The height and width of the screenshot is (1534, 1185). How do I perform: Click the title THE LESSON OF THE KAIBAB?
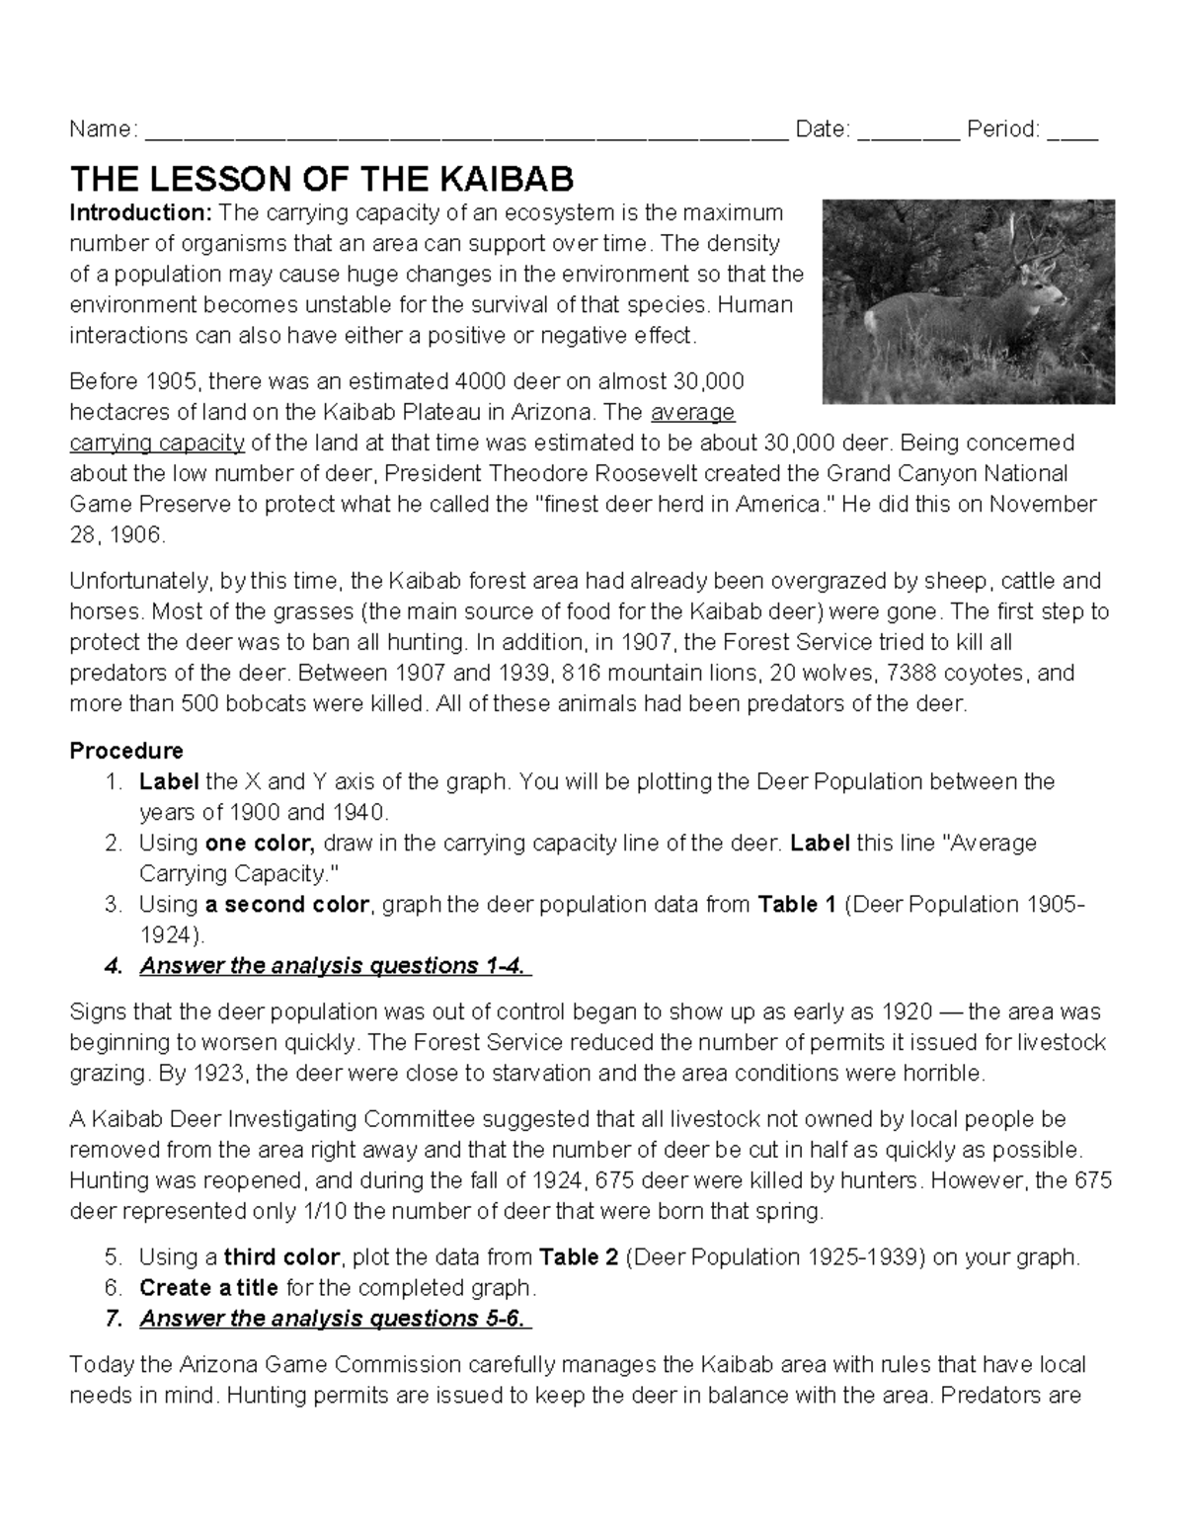pos(321,180)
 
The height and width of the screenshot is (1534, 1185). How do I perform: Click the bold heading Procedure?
pos(126,751)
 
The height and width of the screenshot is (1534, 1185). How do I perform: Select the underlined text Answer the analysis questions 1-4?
pos(334,965)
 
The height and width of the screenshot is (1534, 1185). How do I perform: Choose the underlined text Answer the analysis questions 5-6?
pos(334,1318)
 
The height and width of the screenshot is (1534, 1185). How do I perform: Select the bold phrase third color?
pos(281,1256)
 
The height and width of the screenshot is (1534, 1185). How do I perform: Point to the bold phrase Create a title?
pos(208,1287)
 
